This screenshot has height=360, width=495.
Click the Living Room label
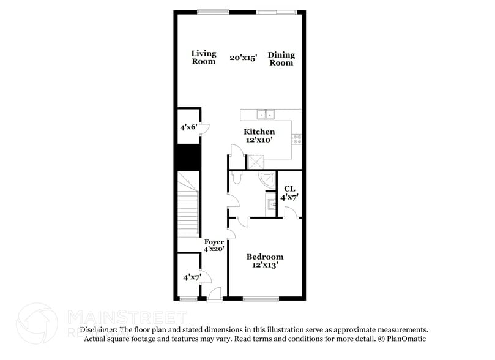pyautogui.click(x=204, y=58)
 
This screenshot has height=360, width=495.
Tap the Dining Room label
pyautogui.click(x=281, y=59)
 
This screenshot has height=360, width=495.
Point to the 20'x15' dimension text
pyautogui.click(x=244, y=58)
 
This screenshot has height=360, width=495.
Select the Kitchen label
pyautogui.click(x=259, y=132)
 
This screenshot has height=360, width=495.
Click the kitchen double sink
pyautogui.click(x=266, y=114)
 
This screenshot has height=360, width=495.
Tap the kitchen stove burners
pyautogui.click(x=297, y=139)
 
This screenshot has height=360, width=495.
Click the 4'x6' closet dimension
pyautogui.click(x=187, y=128)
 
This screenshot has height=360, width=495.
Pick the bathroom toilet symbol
pyautogui.click(x=238, y=178)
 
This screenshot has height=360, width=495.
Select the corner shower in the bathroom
pyautogui.click(x=267, y=179)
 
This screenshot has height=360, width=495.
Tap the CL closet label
pyautogui.click(x=289, y=189)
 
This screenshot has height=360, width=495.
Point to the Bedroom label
pyautogui.click(x=264, y=257)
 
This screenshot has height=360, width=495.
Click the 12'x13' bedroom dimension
pyautogui.click(x=264, y=265)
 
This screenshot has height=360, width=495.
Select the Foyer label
pyautogui.click(x=214, y=242)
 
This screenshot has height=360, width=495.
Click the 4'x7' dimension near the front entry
pyautogui.click(x=192, y=277)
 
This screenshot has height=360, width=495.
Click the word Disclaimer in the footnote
pyautogui.click(x=99, y=329)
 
